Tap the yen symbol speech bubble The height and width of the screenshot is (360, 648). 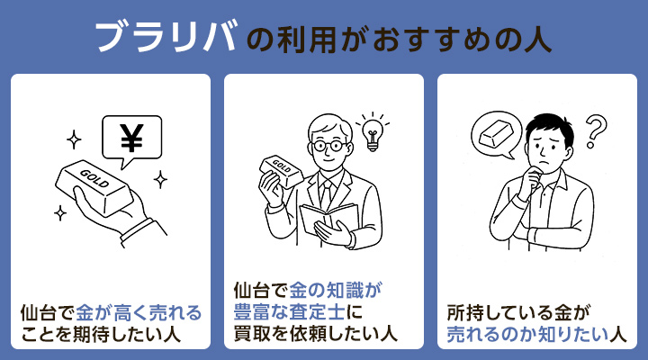coord(132,140)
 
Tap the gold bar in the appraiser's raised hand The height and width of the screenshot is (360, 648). coord(278,167)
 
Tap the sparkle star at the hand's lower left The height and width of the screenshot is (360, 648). coord(60,213)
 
